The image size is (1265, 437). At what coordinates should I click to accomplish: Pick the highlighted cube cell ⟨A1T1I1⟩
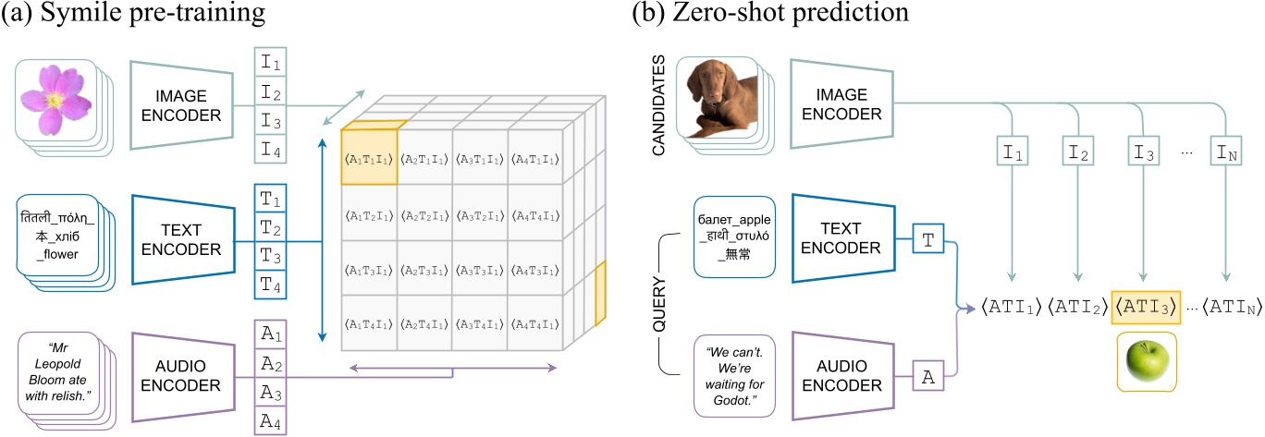[x=369, y=156]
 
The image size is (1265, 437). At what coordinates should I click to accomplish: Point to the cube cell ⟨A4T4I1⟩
[x=535, y=322]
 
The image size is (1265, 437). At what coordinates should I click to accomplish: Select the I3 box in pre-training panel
[x=271, y=120]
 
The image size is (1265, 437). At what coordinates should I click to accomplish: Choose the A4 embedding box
[x=271, y=419]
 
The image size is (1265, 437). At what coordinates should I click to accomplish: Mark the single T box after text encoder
[x=927, y=239]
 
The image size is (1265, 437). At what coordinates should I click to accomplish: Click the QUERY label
[x=660, y=306]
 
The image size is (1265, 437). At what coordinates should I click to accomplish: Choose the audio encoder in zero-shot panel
[x=845, y=374]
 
